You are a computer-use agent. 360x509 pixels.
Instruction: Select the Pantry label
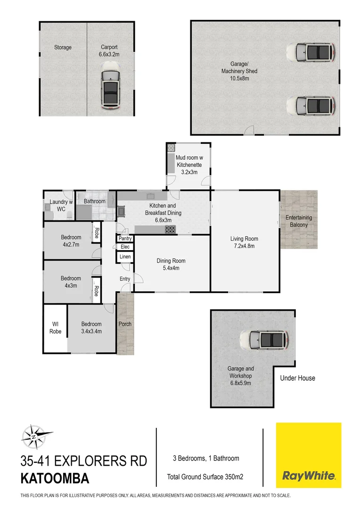click(x=125, y=238)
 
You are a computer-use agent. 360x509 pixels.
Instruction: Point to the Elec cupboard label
click(x=125, y=246)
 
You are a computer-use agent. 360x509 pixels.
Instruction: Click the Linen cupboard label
click(x=125, y=257)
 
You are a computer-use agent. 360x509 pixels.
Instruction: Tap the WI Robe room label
click(x=55, y=328)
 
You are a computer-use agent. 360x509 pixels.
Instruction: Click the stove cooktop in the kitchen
click(x=170, y=230)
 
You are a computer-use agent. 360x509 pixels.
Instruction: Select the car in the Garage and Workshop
click(x=263, y=340)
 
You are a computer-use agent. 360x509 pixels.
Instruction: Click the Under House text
click(x=297, y=378)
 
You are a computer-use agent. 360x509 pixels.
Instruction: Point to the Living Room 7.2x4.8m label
click(x=244, y=242)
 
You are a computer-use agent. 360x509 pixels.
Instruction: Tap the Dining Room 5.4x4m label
click(x=171, y=264)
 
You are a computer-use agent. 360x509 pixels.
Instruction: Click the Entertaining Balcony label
click(x=299, y=221)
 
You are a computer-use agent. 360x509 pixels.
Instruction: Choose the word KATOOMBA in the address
click(x=55, y=479)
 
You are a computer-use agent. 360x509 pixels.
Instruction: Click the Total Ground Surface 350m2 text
click(x=205, y=477)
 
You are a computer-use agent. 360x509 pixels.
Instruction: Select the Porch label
click(x=125, y=324)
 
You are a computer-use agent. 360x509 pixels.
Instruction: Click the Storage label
click(x=63, y=47)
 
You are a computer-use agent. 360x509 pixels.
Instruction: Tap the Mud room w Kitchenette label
click(x=189, y=165)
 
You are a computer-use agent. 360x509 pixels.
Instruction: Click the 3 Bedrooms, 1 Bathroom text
click(x=206, y=458)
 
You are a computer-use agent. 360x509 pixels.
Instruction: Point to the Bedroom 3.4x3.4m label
click(x=91, y=328)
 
